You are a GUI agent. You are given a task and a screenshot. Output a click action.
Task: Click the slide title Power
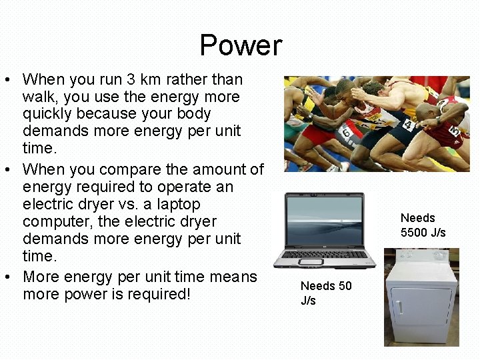click(241, 45)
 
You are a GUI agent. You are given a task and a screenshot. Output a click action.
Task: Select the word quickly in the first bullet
click(49, 114)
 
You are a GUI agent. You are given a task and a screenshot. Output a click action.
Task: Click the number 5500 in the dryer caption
click(415, 233)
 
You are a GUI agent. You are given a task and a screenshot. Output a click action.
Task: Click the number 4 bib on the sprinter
click(408, 125)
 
